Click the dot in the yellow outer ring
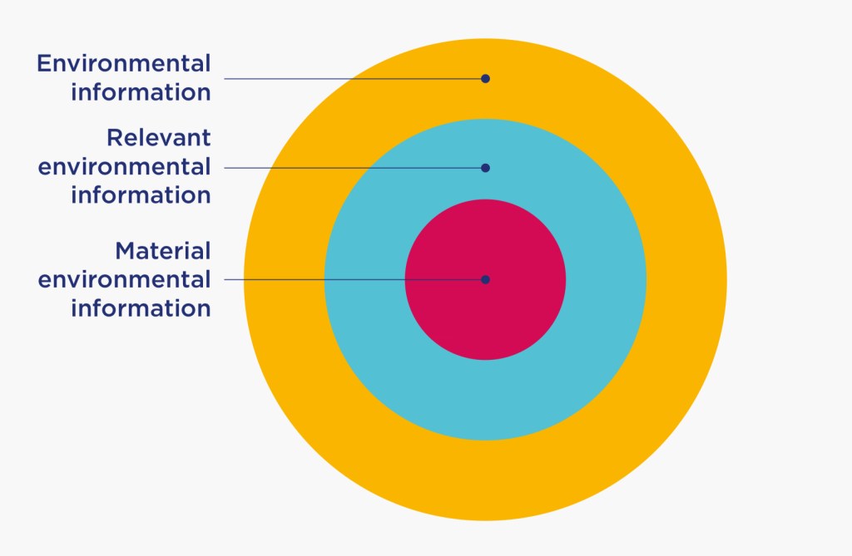click(x=485, y=79)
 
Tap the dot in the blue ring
click(x=485, y=168)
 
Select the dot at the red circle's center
click(x=485, y=279)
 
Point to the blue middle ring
click(x=582, y=349)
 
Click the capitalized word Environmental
click(x=124, y=63)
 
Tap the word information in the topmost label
click(x=141, y=91)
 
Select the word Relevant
click(x=159, y=137)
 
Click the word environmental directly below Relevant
click(x=125, y=166)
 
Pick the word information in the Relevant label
click(x=141, y=195)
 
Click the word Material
click(x=163, y=250)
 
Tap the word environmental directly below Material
click(x=125, y=279)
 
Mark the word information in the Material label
click(x=141, y=308)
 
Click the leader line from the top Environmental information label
click(x=349, y=79)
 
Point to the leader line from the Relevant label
click(x=349, y=168)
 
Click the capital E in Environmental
click(x=44, y=63)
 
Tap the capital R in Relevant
click(x=114, y=137)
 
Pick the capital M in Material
click(x=126, y=250)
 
